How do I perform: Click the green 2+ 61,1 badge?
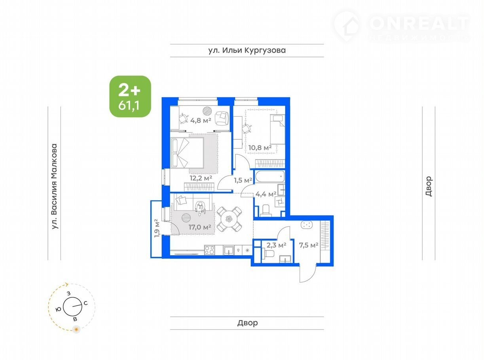pyautogui.click(x=130, y=97)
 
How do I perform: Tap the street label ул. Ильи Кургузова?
pyautogui.click(x=247, y=50)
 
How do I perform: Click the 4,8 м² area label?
pyautogui.click(x=201, y=120)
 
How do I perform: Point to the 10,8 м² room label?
pyautogui.click(x=260, y=148)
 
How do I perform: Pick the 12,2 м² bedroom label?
pyautogui.click(x=201, y=178)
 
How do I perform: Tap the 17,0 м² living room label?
pyautogui.click(x=200, y=227)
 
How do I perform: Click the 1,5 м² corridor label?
pyautogui.click(x=243, y=180)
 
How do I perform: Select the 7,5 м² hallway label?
pyautogui.click(x=309, y=245)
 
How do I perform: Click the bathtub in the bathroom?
pyautogui.click(x=270, y=176)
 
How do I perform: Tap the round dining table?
pyautogui.click(x=229, y=219)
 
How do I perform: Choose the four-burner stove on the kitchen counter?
pyautogui.click(x=209, y=250)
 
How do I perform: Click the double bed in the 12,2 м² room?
pyautogui.click(x=187, y=153)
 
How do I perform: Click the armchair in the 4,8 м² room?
pyautogui.click(x=222, y=118)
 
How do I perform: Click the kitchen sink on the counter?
pyautogui.click(x=228, y=250)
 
